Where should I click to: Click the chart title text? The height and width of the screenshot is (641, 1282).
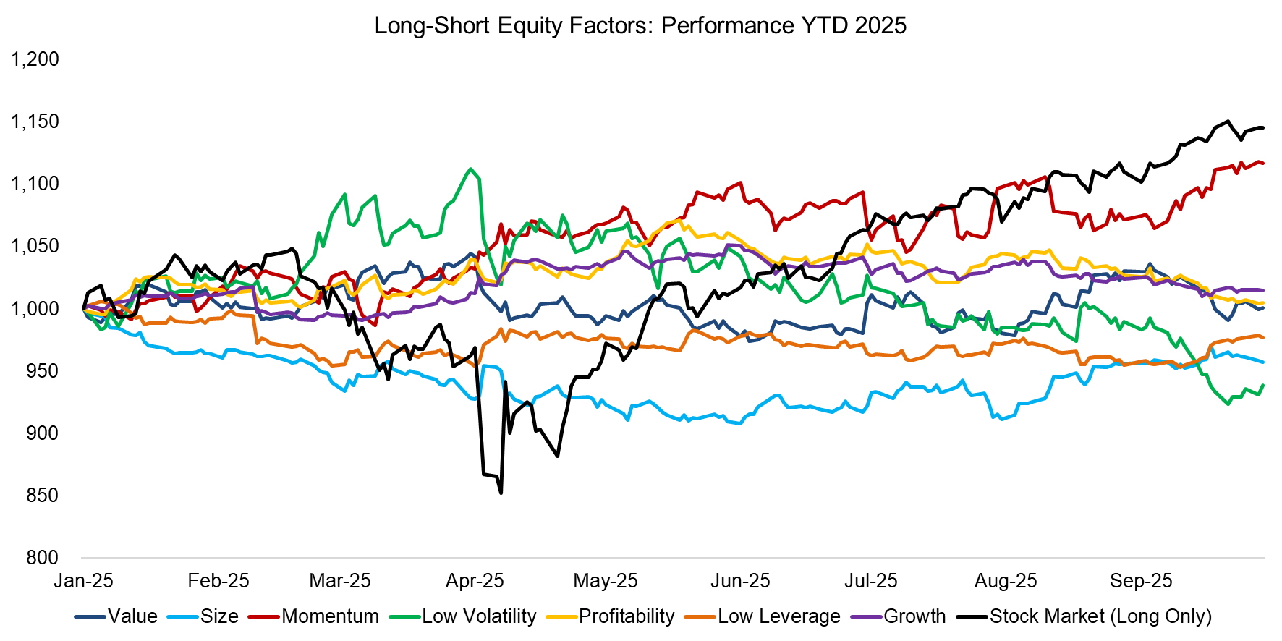640,25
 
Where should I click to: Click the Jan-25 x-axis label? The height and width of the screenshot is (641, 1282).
84,581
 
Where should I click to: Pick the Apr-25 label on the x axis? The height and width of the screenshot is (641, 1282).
475,581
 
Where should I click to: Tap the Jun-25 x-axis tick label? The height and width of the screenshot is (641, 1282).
740,581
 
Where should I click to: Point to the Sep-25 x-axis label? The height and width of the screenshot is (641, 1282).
1141,581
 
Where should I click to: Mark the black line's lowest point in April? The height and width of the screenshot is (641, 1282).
501,493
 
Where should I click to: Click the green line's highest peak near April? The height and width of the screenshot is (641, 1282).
471,169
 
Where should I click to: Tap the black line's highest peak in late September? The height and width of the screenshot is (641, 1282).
1228,122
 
